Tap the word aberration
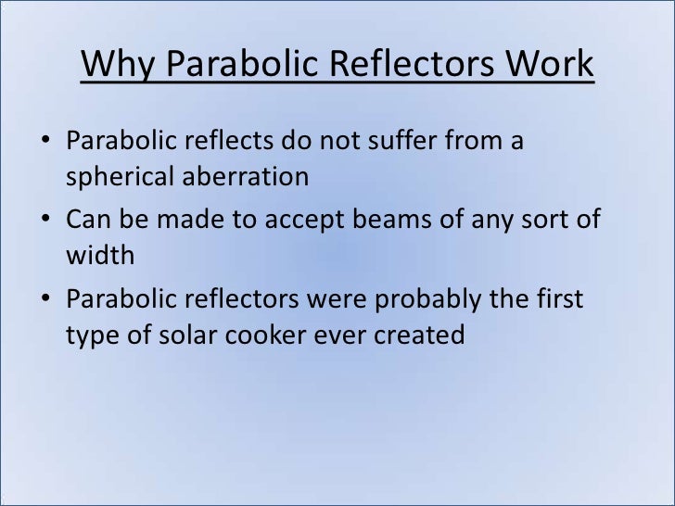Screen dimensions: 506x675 (248, 176)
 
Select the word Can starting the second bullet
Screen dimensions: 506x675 (89, 222)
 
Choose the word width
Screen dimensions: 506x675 (100, 255)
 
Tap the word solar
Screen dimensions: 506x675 (190, 334)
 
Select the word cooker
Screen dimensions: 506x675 (276, 334)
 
